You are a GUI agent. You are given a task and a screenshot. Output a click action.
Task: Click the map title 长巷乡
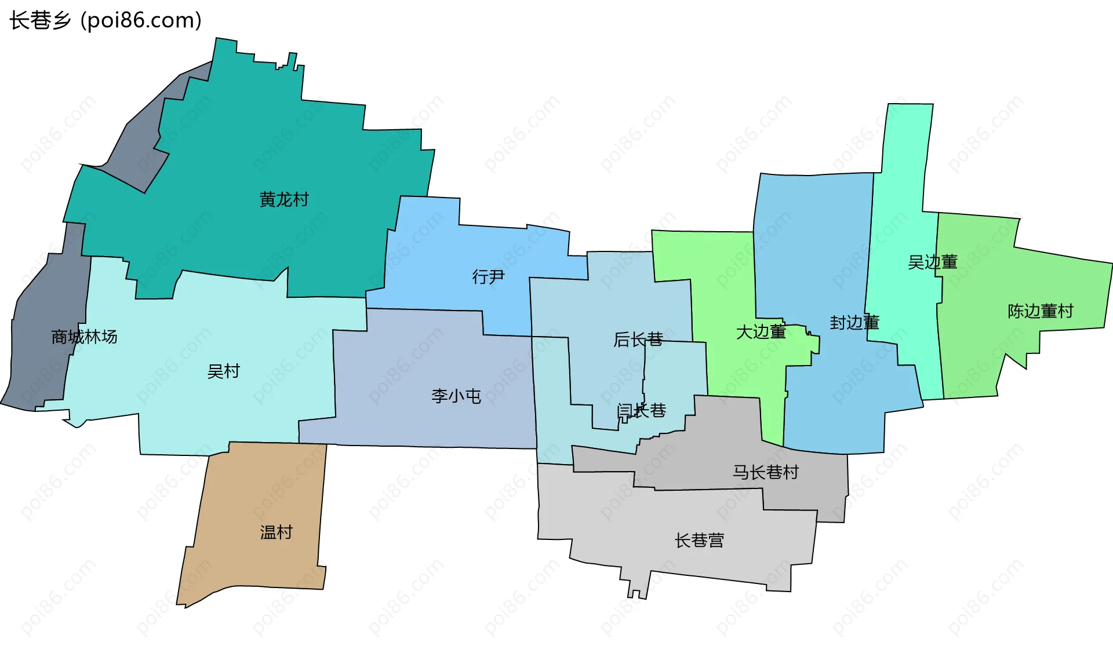pos(40,20)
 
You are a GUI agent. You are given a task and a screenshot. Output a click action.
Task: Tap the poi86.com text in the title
pos(141,20)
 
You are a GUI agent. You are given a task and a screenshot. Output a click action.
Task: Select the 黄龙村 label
pos(284,200)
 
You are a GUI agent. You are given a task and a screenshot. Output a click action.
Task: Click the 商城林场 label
pos(84,337)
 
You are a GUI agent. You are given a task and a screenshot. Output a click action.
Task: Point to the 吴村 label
pos(224,371)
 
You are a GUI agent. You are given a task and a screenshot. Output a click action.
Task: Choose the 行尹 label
pos(488,277)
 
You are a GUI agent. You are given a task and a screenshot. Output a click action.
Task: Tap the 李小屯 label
pos(456,396)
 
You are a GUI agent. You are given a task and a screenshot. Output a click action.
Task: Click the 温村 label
pos(277,532)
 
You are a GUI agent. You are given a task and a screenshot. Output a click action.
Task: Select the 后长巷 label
pos(638,340)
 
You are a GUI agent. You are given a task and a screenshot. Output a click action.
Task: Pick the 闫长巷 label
pos(642,411)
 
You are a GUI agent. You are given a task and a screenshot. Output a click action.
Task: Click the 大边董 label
pos(761,332)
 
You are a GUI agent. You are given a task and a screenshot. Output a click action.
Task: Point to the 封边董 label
pos(854,323)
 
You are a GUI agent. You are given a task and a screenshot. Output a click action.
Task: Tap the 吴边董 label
pos(932,262)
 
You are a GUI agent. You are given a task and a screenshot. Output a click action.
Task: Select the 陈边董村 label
pos(1041,311)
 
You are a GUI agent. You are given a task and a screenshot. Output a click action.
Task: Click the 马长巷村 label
pos(766,472)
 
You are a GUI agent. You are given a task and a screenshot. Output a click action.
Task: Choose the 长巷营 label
pos(699,541)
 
